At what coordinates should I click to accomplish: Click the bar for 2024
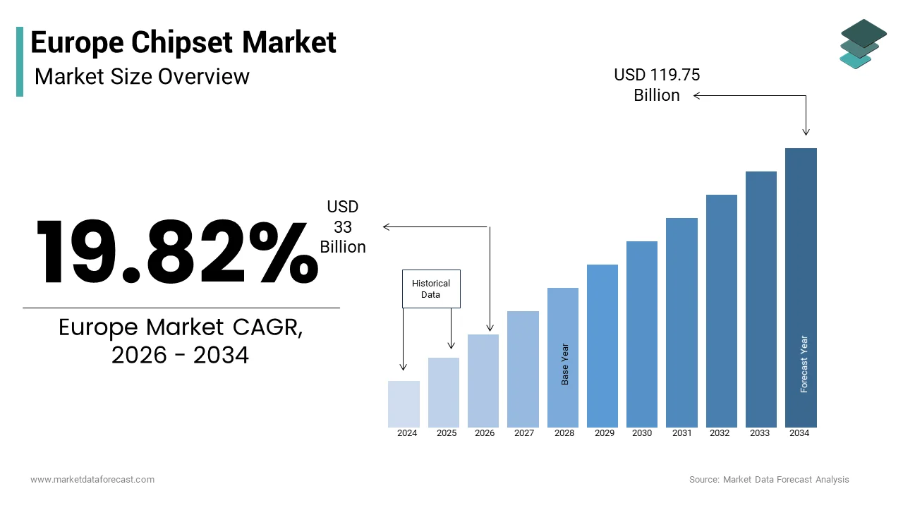tap(404, 404)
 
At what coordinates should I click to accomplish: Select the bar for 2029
tap(602, 346)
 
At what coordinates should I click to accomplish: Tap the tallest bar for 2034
tap(801, 287)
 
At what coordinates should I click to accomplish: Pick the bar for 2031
tap(681, 322)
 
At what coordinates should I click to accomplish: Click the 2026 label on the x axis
tap(485, 433)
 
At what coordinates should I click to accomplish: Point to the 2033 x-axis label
tap(760, 433)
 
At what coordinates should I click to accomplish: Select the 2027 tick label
tap(524, 433)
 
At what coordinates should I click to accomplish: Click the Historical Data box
tap(431, 289)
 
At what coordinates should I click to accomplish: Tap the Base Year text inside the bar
tap(565, 364)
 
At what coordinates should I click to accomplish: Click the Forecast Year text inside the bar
tap(804, 364)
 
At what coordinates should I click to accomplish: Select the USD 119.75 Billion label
tap(657, 85)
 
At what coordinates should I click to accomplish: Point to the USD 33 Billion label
tap(343, 226)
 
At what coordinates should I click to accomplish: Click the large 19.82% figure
tap(176, 252)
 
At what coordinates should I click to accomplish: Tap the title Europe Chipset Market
tap(183, 42)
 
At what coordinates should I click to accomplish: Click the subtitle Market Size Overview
tap(142, 76)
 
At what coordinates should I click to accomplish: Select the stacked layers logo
tap(863, 44)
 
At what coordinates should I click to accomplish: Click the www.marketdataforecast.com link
tap(92, 480)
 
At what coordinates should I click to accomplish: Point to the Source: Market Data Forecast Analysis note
tap(769, 480)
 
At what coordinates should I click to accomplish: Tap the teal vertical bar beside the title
tap(20, 61)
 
